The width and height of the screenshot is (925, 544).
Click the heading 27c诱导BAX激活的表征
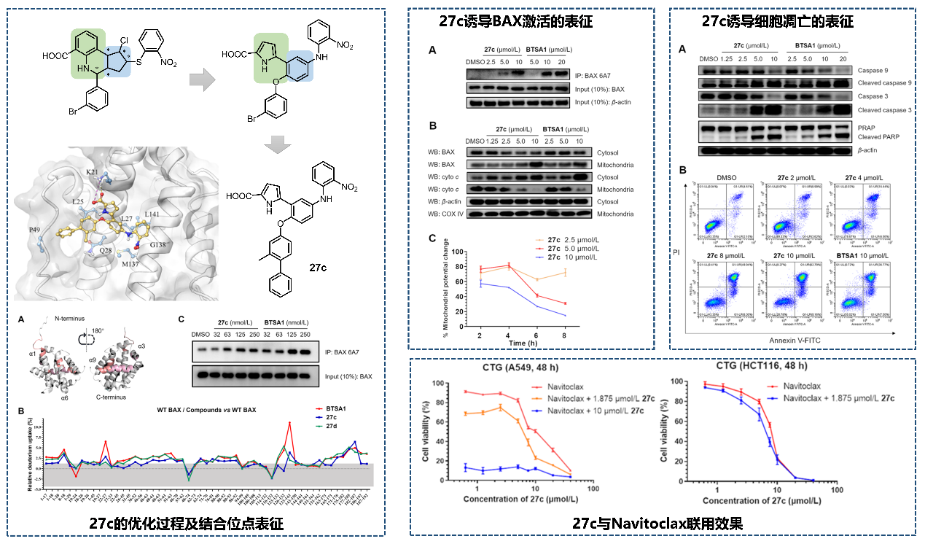click(515, 22)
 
